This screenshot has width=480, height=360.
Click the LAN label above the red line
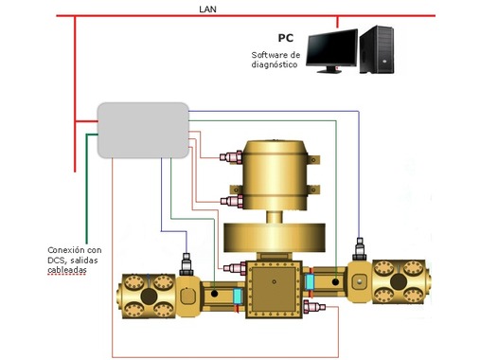click(x=207, y=9)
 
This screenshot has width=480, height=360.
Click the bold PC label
click(x=286, y=38)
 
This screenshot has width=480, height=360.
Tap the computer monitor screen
click(x=332, y=48)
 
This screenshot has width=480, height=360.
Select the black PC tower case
click(x=377, y=49)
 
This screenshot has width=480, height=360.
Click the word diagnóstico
click(x=275, y=64)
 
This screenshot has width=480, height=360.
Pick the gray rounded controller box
click(x=143, y=130)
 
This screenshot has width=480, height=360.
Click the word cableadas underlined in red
click(x=67, y=270)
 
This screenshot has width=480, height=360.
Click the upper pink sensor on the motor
click(x=231, y=157)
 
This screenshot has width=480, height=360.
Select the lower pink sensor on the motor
click(x=232, y=201)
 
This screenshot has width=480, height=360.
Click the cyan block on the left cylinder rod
click(x=238, y=297)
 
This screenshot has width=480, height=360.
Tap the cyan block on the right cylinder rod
click(x=310, y=282)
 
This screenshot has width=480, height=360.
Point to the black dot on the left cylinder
click(x=214, y=294)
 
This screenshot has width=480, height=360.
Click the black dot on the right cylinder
click(x=335, y=281)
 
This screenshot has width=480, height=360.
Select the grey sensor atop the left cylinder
click(x=187, y=264)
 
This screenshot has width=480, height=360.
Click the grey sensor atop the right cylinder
click(x=360, y=249)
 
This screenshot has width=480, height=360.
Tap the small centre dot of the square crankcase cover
click(x=274, y=281)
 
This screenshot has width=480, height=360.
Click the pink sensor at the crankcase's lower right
click(x=314, y=306)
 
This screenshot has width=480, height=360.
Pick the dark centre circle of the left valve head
click(x=149, y=297)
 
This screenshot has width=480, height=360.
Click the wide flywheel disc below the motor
click(x=275, y=238)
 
